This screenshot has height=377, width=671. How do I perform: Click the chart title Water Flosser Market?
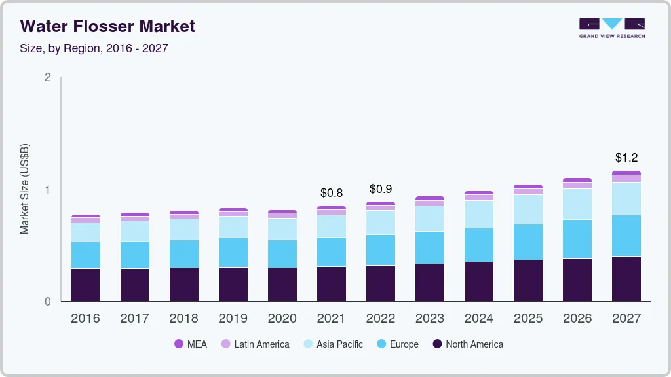click(x=108, y=26)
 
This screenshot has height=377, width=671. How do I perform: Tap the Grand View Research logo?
click(x=611, y=27)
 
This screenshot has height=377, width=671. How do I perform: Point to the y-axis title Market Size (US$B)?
click(x=24, y=188)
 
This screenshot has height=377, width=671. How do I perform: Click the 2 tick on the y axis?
click(x=47, y=77)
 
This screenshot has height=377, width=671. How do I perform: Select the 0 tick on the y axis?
click(x=47, y=302)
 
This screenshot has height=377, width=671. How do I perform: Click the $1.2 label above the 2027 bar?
click(x=626, y=158)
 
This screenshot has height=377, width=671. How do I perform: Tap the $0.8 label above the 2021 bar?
click(x=332, y=193)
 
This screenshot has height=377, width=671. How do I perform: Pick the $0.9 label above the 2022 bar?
click(x=381, y=189)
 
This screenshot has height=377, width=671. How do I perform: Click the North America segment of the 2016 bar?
click(x=86, y=285)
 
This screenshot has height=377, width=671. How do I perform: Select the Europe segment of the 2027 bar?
click(x=626, y=236)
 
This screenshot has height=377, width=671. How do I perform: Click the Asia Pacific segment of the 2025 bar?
click(x=528, y=209)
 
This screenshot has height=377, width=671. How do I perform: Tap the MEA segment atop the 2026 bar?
click(x=577, y=180)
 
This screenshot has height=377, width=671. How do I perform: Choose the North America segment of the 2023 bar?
click(x=430, y=283)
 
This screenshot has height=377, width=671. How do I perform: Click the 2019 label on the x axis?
click(x=233, y=319)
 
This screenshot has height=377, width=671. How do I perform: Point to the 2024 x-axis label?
click(x=479, y=319)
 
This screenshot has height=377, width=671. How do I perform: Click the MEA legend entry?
click(x=191, y=344)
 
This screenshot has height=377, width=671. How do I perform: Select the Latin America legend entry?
click(x=255, y=344)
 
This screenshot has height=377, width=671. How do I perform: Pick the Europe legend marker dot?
click(x=381, y=344)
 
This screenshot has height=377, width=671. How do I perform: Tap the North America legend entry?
click(x=468, y=344)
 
